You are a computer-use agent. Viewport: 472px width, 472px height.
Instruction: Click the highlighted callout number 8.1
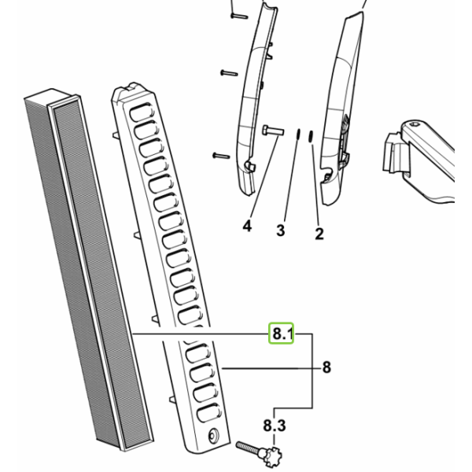(281, 334)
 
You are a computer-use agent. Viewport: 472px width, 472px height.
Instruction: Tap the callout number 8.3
(275, 426)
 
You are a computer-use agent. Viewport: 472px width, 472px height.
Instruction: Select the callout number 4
(247, 226)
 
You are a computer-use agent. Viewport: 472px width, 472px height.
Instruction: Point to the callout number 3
(281, 230)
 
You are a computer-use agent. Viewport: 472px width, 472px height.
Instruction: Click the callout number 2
(319, 234)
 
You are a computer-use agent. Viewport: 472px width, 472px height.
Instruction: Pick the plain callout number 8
(326, 367)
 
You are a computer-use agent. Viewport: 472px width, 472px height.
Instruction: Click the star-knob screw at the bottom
(259, 452)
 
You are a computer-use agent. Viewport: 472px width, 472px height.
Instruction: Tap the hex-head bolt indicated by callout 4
(273, 131)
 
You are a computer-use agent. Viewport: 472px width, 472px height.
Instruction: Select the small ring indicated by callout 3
(298, 134)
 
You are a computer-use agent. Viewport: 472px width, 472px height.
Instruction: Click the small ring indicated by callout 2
(311, 136)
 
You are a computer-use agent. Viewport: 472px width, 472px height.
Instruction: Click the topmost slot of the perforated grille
(142, 112)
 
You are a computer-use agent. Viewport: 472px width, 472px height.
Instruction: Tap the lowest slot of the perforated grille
(209, 413)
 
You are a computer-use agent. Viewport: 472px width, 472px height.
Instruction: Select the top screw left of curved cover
(239, 16)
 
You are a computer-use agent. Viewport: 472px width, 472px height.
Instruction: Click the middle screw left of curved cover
(230, 73)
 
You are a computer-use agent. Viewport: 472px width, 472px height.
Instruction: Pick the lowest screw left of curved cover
(221, 156)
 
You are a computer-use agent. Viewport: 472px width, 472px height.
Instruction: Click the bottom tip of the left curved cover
(248, 194)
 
